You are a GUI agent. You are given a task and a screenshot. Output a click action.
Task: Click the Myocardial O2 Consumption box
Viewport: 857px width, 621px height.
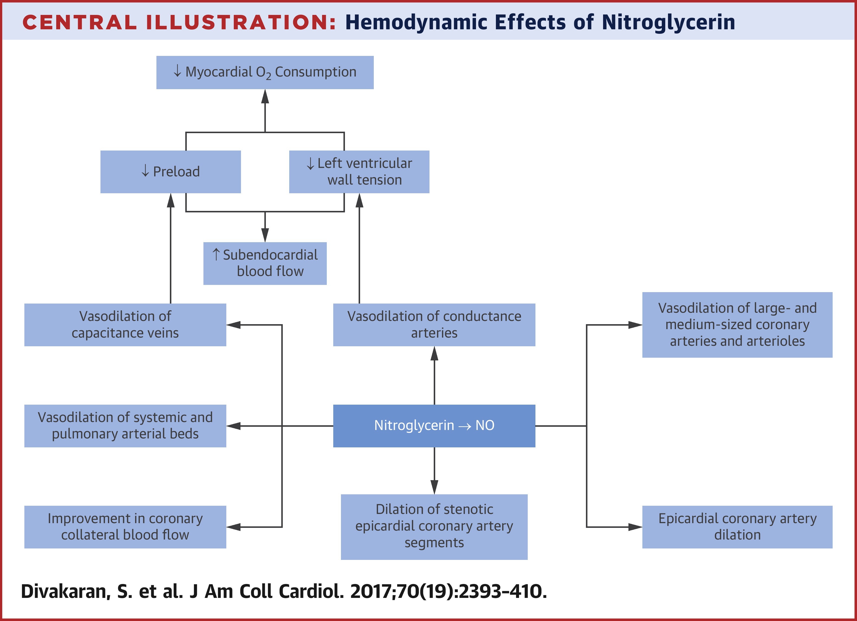coord(265,73)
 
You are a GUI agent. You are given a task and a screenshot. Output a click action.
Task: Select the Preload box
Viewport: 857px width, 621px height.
coord(170,172)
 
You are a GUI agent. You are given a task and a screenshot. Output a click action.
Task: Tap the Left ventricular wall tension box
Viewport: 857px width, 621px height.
coord(359,172)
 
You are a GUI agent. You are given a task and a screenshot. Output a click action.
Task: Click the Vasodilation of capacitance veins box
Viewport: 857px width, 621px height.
coord(125,325)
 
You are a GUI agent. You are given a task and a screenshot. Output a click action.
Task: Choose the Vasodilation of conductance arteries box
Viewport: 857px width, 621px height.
coord(434,325)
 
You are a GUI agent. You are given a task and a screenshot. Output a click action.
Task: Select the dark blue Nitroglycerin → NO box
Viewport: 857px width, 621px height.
coord(434,426)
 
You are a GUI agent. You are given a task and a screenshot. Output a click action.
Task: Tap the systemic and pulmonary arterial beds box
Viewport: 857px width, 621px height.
coord(125,426)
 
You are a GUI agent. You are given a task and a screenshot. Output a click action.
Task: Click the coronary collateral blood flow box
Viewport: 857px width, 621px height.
coord(125,527)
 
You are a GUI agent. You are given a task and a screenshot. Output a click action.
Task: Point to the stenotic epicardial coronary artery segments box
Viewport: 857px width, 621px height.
coord(434,527)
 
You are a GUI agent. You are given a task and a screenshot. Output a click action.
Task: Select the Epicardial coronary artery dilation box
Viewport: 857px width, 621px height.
coord(737,527)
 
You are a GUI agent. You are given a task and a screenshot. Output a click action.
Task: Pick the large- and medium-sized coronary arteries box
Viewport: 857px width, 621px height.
coord(737,325)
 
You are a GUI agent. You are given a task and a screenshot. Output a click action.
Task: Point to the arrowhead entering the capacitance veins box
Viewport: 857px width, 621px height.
coord(234,325)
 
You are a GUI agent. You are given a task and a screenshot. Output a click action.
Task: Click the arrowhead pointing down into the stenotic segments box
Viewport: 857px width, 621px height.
coord(434,487)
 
